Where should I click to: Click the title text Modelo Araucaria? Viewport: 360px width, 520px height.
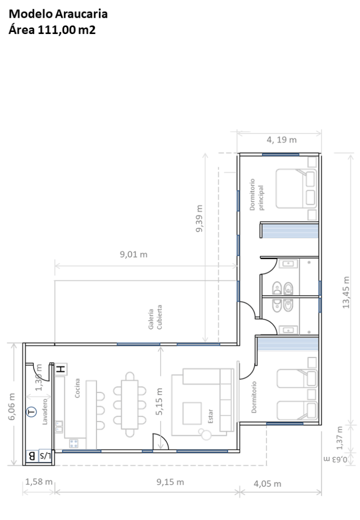58,14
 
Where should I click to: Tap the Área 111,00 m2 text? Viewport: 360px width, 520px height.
52,30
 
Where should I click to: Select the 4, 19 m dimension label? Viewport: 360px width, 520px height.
281,140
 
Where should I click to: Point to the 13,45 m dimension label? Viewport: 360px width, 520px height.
346,292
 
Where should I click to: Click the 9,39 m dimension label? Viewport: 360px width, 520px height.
199,218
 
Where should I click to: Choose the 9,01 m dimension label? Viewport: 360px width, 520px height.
134,254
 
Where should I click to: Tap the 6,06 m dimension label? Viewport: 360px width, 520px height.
12,407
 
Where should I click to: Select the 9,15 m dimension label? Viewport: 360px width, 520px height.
170,482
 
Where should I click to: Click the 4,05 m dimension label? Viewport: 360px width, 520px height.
268,484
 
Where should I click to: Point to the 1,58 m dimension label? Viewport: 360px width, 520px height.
39,481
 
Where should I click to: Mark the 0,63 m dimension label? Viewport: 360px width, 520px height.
336,459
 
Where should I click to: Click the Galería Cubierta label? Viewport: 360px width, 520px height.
155,317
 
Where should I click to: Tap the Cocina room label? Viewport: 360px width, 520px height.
77,388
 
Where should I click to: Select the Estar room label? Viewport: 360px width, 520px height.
211,416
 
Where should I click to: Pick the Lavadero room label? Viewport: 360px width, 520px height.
45,411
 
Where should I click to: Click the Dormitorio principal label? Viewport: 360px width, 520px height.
256,194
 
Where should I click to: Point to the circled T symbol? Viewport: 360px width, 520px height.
31,412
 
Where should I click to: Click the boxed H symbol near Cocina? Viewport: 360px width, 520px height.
60,369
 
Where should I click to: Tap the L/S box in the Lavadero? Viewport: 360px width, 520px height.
45,456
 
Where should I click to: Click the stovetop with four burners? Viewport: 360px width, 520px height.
74,443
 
